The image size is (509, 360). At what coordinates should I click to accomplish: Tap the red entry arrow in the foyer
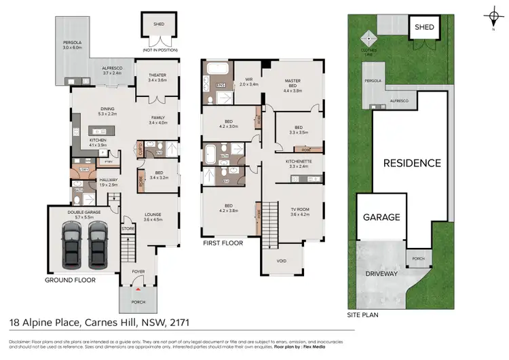(138, 289)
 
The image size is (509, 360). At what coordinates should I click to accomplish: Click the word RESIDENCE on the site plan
(412, 163)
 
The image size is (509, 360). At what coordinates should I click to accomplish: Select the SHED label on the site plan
(424, 27)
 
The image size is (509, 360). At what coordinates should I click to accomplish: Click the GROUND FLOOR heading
(70, 280)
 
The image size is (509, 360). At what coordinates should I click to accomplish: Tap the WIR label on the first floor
(248, 79)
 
